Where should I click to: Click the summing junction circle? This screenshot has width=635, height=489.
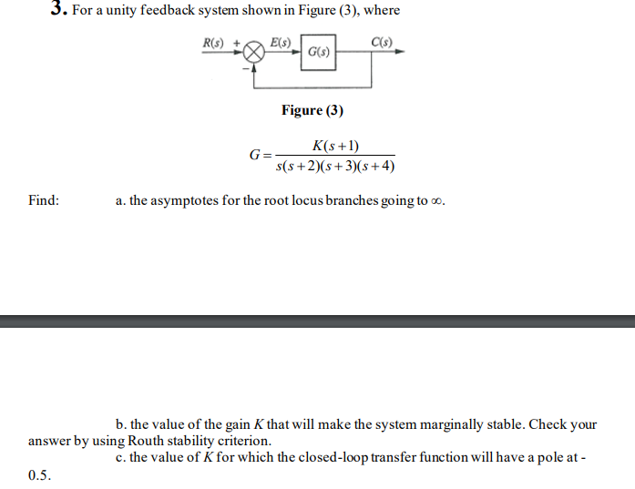coord(255,53)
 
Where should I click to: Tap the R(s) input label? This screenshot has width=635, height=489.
coord(214,42)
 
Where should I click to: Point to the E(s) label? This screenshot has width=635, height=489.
coord(281,42)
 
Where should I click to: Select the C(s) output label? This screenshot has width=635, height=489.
coord(381,42)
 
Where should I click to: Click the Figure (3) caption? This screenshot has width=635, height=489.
coord(312,110)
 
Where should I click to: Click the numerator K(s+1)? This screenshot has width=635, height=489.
coord(335,146)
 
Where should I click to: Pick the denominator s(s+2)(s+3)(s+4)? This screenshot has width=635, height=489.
coord(335,168)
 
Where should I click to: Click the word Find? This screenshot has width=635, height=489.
coord(44,200)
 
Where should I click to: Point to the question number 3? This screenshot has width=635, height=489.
coord(58,9)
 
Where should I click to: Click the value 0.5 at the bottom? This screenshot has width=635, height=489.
coord(39,474)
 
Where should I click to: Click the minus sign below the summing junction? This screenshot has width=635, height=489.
coord(243,67)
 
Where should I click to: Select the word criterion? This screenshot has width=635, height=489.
coord(241,441)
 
